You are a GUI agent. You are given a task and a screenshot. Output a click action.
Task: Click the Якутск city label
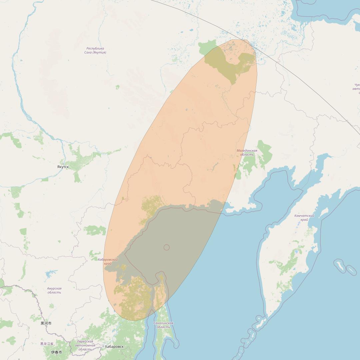63,167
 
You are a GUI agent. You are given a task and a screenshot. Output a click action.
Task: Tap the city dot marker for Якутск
63,164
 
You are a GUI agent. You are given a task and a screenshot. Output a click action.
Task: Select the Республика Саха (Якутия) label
95,50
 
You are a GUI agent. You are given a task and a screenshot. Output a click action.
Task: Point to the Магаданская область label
247,153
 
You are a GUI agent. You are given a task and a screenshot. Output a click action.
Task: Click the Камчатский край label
304,218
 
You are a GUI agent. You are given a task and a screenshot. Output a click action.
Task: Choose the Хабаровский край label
108,261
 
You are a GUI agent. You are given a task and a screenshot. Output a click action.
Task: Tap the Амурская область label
54,290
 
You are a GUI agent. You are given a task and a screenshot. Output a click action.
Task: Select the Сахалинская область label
163,325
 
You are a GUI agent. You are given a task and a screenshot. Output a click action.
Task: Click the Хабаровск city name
114,347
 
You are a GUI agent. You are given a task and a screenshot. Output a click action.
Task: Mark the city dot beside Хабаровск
103,346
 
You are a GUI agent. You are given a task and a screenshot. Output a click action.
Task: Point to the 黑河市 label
46,323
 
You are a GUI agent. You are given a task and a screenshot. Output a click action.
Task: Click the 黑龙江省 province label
47,344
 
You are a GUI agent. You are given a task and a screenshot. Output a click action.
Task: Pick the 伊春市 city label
56,352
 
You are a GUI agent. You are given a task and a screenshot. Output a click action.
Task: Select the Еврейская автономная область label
85,345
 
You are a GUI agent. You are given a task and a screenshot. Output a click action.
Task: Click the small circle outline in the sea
167,247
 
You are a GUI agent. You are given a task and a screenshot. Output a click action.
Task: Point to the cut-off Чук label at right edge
356,89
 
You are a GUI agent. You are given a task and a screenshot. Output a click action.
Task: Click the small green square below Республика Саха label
117,87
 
